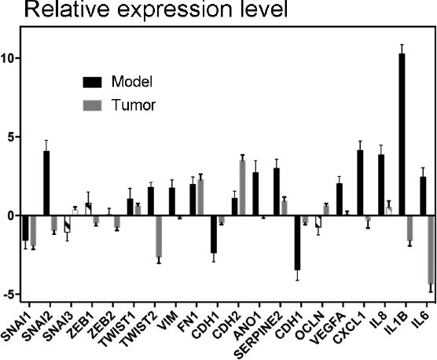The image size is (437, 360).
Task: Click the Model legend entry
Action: click(x=132, y=82)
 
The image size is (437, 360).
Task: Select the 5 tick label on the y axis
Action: click(x=13, y=137)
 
